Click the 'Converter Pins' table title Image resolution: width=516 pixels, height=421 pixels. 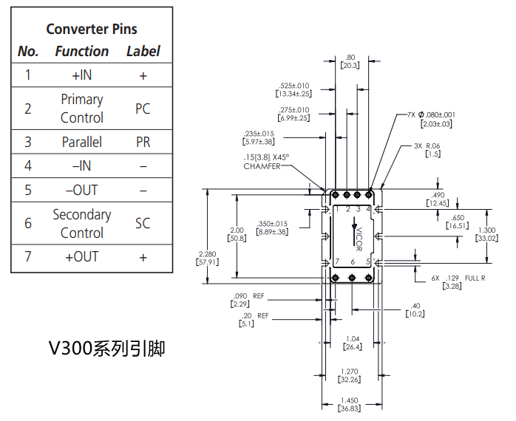pyautogui.click(x=92, y=29)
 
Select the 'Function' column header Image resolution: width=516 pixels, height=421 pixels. pyautogui.click(x=81, y=51)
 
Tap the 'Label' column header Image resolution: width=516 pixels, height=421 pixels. pyautogui.click(x=143, y=51)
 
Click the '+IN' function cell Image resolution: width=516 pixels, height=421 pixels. pyautogui.click(x=81, y=75)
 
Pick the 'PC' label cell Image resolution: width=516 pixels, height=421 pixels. pyautogui.click(x=143, y=109)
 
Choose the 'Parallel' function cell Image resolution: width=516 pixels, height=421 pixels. pyautogui.click(x=81, y=142)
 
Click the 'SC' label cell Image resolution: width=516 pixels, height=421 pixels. pyautogui.click(x=143, y=223)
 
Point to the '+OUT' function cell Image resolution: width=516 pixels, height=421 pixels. pyautogui.click(x=81, y=257)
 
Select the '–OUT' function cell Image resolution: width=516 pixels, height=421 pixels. pyautogui.click(x=81, y=190)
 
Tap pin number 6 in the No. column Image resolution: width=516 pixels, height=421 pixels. pyautogui.click(x=28, y=223)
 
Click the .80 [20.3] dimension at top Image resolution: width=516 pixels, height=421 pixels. pyautogui.click(x=350, y=61)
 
